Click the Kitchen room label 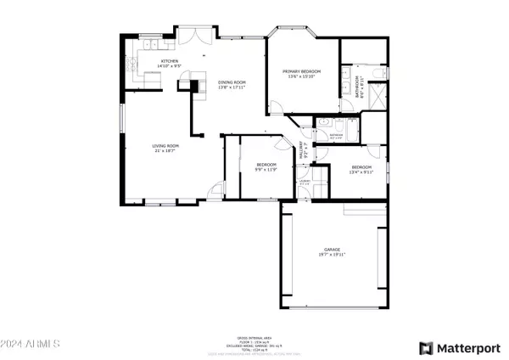click(x=171, y=64)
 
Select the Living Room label click(x=165, y=149)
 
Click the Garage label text click(x=331, y=252)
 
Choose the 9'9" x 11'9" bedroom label click(x=266, y=168)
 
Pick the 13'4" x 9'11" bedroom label click(x=361, y=169)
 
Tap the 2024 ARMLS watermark click(x=31, y=345)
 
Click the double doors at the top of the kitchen click(x=196, y=36)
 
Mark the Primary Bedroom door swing click(x=276, y=106)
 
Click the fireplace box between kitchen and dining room click(x=197, y=85)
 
